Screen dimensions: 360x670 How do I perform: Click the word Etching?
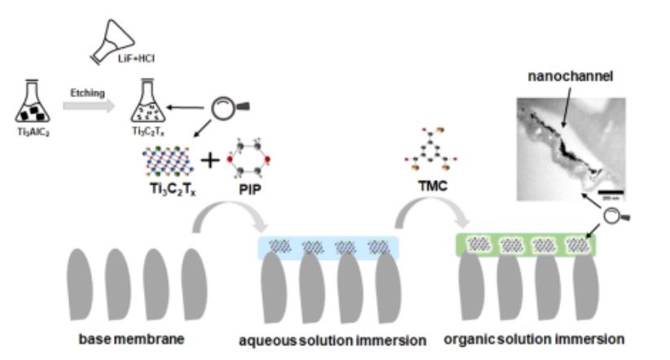[87, 93]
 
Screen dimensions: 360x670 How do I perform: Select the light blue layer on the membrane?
[327, 247]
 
